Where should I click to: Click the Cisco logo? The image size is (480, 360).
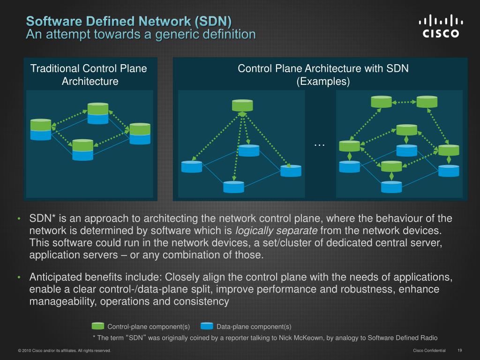(441, 26)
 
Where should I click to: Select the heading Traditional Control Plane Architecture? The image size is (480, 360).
(89, 75)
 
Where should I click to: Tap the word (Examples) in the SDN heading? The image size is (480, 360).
(323, 82)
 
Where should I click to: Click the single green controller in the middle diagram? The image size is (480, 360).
(242, 105)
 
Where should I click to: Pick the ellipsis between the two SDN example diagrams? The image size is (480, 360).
(319, 144)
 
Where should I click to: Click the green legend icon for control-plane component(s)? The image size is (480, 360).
(98, 326)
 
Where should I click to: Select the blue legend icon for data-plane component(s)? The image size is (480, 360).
(207, 326)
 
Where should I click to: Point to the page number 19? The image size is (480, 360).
(459, 350)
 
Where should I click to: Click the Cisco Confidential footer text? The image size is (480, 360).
(429, 350)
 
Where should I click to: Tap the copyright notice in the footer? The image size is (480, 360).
(64, 351)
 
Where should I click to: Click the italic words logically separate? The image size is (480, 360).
(276, 231)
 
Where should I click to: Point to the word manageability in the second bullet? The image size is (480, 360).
(63, 301)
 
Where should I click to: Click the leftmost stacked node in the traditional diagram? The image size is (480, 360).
(41, 129)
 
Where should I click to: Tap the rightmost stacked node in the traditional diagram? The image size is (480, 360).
(140, 134)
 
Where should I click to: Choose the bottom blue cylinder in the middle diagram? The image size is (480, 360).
(233, 187)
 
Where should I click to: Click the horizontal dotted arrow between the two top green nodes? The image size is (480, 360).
(404, 102)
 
